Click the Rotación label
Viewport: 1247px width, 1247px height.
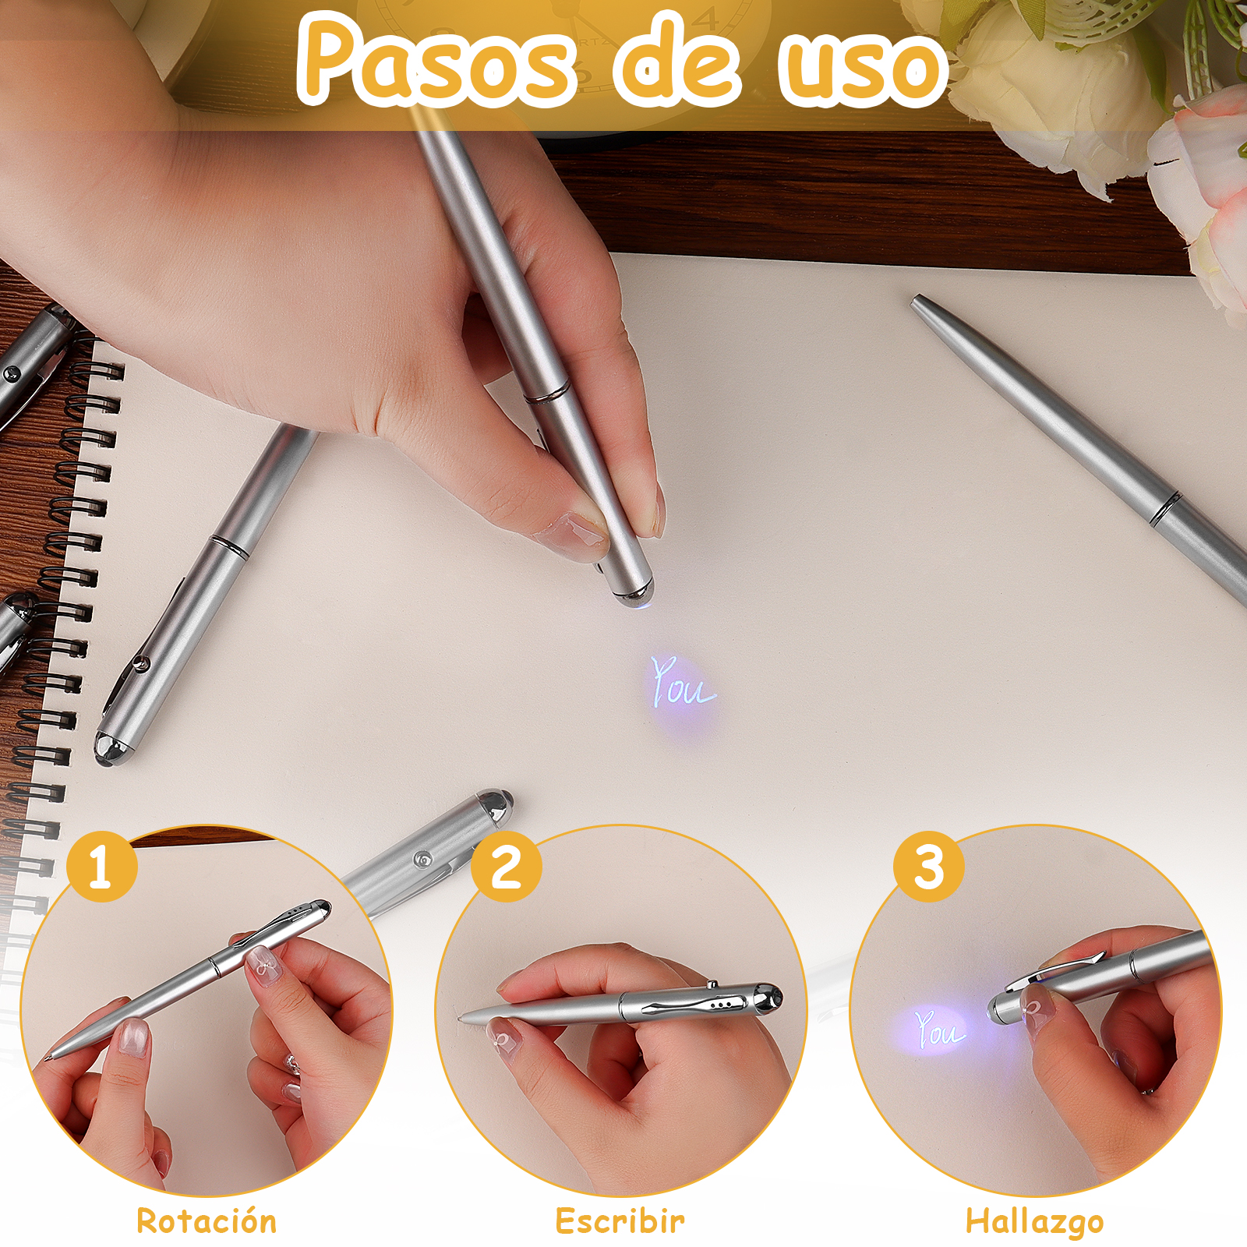pyautogui.click(x=207, y=1221)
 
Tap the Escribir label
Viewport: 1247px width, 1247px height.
pyautogui.click(x=620, y=1221)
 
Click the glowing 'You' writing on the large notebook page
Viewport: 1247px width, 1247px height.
pyautogui.click(x=682, y=683)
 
